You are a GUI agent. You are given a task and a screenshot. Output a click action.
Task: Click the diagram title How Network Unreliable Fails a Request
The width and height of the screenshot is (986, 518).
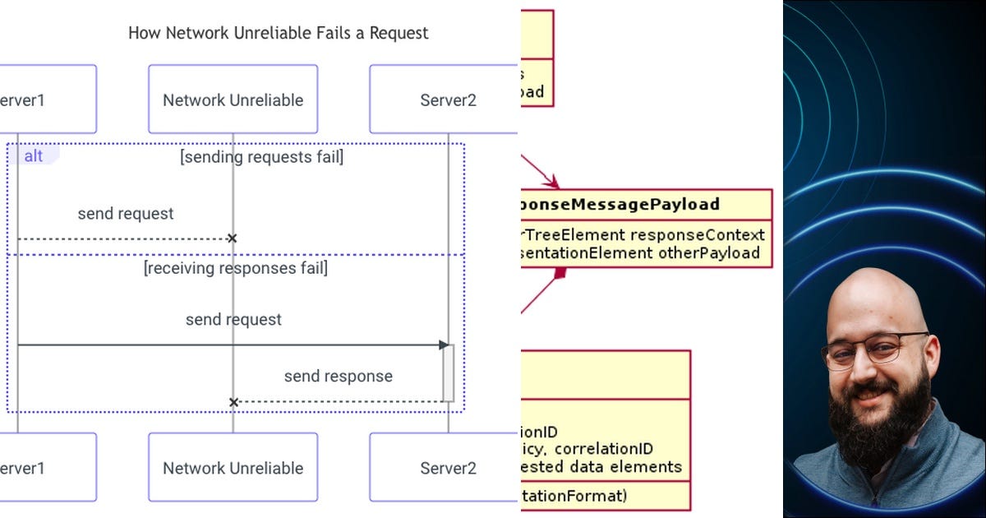pos(278,34)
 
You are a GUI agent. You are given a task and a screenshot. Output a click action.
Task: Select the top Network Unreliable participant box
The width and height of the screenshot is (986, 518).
pos(233,100)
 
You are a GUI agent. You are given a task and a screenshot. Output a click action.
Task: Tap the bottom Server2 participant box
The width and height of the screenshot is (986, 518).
pos(448,468)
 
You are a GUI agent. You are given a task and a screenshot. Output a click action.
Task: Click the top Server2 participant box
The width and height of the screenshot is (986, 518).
pos(448,100)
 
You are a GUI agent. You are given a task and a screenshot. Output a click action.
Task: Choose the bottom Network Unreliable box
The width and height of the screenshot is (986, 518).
pos(233,468)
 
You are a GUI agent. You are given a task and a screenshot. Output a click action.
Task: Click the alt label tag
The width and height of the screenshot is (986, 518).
pos(33,155)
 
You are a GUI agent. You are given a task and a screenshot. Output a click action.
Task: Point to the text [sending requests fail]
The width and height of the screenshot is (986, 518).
pos(261,156)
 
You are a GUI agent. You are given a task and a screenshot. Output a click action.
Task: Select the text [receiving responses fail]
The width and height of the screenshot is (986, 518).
pos(235,268)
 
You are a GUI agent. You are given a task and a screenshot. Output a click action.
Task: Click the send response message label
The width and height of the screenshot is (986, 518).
pos(338,377)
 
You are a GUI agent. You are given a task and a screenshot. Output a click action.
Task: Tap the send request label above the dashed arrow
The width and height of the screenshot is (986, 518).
pos(126,214)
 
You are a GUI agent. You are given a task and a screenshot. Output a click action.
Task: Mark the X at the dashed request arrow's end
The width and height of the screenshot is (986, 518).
pos(232,238)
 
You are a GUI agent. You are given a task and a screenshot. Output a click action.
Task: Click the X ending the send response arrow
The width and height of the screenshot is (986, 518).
pos(233,402)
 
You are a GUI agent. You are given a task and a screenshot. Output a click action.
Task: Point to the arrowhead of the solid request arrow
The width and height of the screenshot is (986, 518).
pos(444,345)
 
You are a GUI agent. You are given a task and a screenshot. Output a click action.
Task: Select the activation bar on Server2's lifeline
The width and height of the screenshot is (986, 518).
pos(449,372)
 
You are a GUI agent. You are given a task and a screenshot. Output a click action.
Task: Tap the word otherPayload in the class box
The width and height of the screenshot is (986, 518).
pos(708,253)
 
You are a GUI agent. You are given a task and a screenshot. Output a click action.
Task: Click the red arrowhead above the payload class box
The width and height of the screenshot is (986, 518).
pos(551,182)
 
